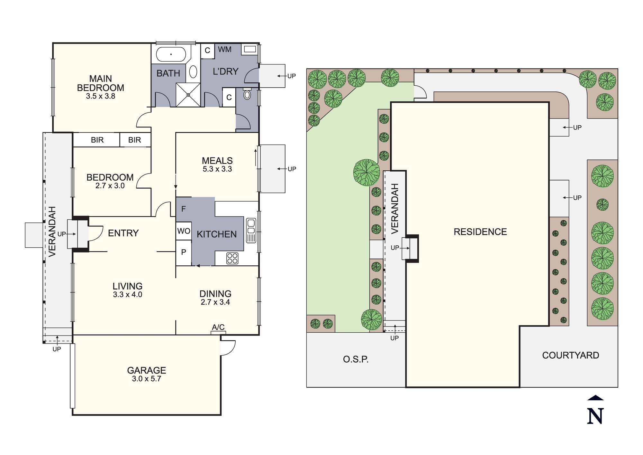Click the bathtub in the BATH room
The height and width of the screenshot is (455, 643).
(x=171, y=54)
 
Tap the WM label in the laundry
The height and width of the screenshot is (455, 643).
(x=224, y=50)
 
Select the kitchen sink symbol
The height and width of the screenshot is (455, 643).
(x=251, y=230)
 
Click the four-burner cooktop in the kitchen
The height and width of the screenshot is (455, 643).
(x=232, y=258)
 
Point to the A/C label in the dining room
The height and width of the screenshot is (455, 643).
(x=218, y=327)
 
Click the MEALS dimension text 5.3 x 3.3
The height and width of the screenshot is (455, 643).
(x=217, y=169)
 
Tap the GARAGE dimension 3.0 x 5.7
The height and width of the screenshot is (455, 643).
(x=146, y=379)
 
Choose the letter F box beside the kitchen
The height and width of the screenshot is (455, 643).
(x=184, y=209)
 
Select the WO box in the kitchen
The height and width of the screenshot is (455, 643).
(x=184, y=231)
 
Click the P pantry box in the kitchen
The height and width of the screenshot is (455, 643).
(x=184, y=252)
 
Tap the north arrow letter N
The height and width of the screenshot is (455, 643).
(x=595, y=416)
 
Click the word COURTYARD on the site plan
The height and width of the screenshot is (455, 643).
(x=570, y=355)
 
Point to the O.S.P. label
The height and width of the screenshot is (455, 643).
(x=356, y=359)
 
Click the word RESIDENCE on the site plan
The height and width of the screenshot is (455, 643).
(x=480, y=232)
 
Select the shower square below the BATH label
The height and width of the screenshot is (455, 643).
(x=188, y=95)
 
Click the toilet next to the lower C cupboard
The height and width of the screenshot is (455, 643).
(x=247, y=94)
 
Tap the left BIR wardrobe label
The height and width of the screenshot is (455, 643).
(x=97, y=140)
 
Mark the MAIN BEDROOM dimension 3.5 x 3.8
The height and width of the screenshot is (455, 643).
(x=100, y=96)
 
